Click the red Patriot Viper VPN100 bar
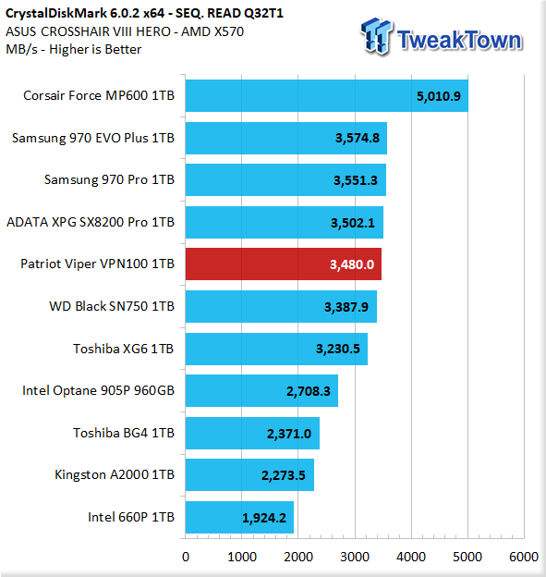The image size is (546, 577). point(283,264)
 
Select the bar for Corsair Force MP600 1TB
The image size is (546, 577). point(326,95)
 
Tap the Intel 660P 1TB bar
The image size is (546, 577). point(239,517)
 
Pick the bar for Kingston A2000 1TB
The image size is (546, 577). point(249,474)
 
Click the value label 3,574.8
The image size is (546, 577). point(357,138)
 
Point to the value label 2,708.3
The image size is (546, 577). point(309,391)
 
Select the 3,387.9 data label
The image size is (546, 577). point(346,307)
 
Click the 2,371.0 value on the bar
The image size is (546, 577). point(289,434)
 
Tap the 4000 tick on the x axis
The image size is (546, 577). point(411,557)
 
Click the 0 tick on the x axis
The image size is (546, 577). point(186,557)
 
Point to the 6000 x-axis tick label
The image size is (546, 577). point(524,557)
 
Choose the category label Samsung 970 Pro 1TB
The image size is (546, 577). point(109,179)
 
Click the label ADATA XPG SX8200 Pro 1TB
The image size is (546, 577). point(91,222)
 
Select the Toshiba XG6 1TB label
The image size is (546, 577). point(123,349)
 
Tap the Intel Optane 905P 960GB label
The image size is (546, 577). point(98,390)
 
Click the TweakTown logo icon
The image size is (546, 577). point(377,36)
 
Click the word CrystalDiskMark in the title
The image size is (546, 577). point(56,13)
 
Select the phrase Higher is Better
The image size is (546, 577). point(95,49)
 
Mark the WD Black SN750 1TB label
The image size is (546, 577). point(112,306)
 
